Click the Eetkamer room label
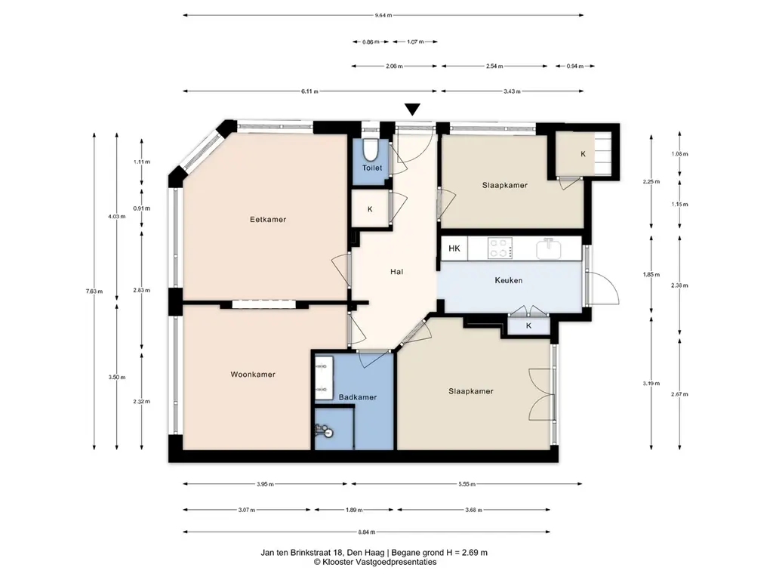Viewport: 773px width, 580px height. (x=268, y=220)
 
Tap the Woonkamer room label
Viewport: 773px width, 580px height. (x=253, y=375)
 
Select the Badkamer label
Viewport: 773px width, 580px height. (x=357, y=397)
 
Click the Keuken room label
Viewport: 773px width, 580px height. (x=508, y=280)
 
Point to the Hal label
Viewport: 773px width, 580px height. (x=396, y=271)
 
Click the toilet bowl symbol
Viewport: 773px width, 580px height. (x=370, y=149)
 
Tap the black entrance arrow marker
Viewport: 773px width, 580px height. (x=412, y=110)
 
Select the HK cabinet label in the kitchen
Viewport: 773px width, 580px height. (x=454, y=248)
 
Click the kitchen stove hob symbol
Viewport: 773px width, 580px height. (x=500, y=248)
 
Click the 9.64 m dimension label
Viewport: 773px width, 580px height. (x=383, y=15)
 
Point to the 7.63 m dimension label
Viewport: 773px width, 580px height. (x=94, y=291)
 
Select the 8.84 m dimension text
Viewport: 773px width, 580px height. (x=366, y=532)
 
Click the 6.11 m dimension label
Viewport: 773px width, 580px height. (x=310, y=91)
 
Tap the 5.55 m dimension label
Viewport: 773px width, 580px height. (x=467, y=484)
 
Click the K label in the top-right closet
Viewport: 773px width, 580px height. (x=584, y=154)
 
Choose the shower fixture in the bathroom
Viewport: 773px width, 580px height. (x=325, y=431)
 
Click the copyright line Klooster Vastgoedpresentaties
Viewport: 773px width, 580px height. (x=374, y=562)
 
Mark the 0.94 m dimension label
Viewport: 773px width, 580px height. (x=574, y=66)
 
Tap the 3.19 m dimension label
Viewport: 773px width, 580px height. (x=651, y=383)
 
